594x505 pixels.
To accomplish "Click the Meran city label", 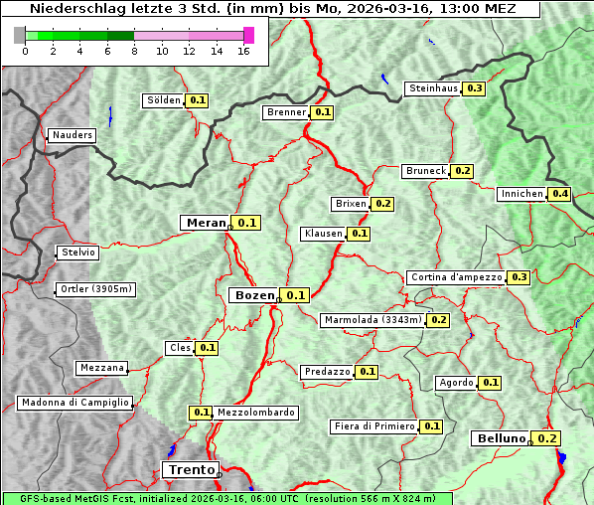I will [x=206, y=223].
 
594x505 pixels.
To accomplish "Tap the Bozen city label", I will [x=252, y=295].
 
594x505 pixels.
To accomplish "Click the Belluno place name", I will [x=500, y=438].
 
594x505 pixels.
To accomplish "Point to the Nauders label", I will [x=72, y=135].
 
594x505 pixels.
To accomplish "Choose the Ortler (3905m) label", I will [x=95, y=289].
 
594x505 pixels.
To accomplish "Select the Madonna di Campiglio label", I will [x=74, y=403].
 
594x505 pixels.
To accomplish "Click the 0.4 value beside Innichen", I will [x=560, y=194].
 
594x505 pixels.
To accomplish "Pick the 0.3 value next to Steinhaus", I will [x=474, y=88].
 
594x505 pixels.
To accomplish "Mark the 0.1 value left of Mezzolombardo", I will [x=201, y=413].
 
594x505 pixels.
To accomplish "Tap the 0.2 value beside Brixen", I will [x=383, y=204].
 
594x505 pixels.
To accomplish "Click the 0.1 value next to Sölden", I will [x=198, y=100].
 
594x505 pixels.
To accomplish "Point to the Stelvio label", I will [x=78, y=252].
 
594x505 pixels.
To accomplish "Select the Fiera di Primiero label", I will [x=373, y=426].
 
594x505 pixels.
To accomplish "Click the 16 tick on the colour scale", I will [x=243, y=52].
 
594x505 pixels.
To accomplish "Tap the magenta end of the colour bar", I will [x=248, y=35].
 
